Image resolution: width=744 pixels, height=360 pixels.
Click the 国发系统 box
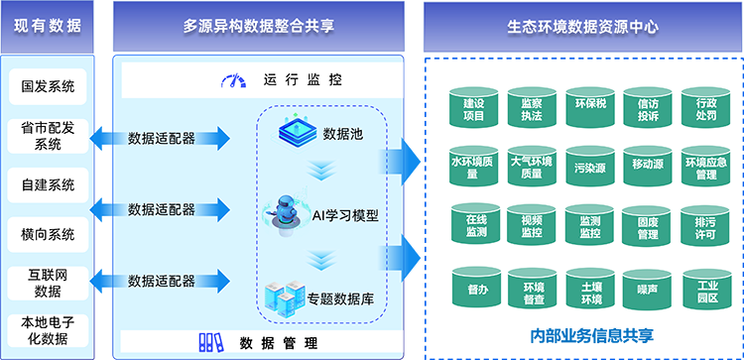click(x=48, y=86)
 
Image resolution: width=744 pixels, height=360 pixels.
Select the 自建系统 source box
click(x=48, y=184)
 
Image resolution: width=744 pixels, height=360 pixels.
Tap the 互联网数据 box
click(x=48, y=283)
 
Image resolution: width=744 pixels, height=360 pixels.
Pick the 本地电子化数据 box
click(x=48, y=331)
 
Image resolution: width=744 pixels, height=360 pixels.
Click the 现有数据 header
click(x=48, y=26)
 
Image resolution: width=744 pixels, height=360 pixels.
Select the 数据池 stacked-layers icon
click(x=295, y=133)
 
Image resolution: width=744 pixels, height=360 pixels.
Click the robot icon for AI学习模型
click(x=286, y=212)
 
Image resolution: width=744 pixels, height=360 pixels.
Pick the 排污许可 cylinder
click(x=705, y=228)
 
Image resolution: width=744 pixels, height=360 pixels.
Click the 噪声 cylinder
click(x=648, y=290)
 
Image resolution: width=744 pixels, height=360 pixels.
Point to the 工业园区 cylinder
click(x=705, y=290)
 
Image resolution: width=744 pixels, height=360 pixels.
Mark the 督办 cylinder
click(x=474, y=290)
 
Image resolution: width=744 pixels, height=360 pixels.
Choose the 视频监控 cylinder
click(x=532, y=228)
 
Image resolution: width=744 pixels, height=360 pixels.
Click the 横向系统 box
click(x=48, y=234)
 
